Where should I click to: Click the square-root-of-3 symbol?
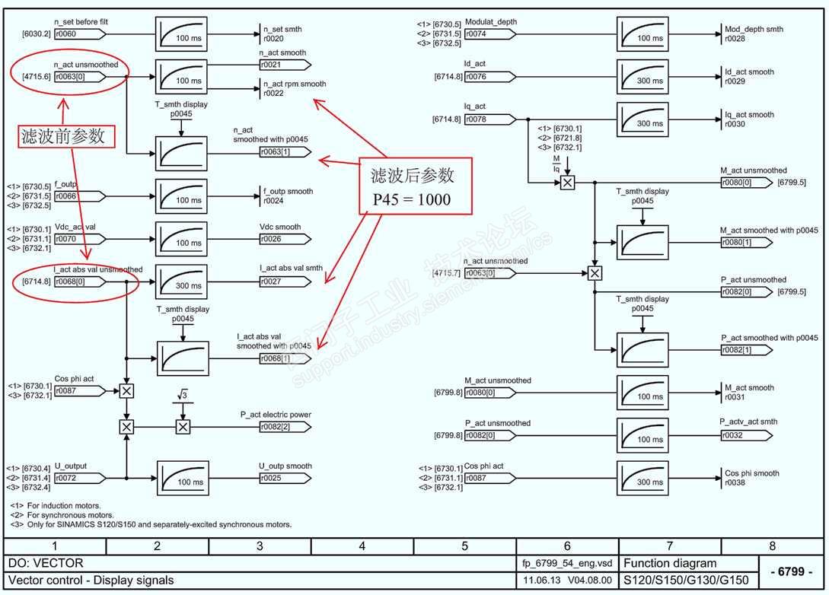183,395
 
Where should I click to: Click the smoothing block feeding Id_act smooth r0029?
642,77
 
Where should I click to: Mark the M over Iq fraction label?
557,163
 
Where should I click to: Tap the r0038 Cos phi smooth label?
752,478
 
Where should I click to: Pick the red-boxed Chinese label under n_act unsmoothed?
67,137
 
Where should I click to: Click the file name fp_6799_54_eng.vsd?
567,564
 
